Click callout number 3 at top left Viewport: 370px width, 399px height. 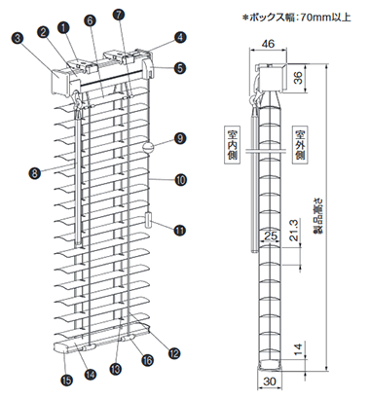coord(18,38)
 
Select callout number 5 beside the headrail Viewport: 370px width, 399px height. coord(180,68)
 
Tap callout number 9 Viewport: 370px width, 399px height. coord(180,139)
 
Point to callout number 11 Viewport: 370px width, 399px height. coord(179,230)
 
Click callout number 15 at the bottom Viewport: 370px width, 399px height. coord(67,381)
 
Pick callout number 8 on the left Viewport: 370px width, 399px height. coord(35,172)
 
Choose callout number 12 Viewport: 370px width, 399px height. coord(174,353)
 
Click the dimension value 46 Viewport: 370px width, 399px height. coord(268,44)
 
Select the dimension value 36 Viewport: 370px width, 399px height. coord(298,77)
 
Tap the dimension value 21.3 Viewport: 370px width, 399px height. coord(293,230)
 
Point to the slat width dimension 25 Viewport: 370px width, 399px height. coord(271,236)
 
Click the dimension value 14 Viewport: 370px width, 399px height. coord(298,349)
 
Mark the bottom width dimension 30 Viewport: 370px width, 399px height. coord(270,381)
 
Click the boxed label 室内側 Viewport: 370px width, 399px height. coord(233,146)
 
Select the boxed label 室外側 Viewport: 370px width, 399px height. coord(301,145)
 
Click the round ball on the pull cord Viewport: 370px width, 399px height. coord(147,147)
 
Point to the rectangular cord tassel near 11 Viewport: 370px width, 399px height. coord(149,220)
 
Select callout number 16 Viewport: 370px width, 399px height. coord(148,359)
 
